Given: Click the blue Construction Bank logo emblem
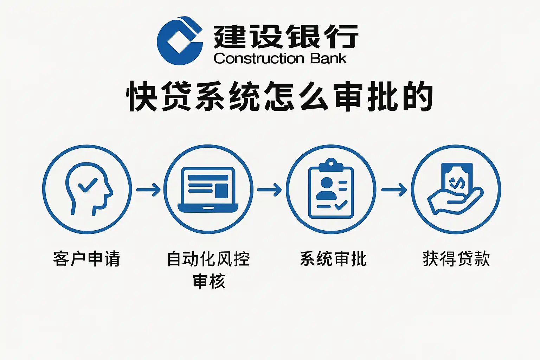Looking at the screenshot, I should (x=180, y=41).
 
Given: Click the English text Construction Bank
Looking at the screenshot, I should (x=280, y=58).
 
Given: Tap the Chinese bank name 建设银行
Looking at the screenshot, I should (x=285, y=37).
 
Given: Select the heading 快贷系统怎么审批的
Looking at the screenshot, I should (x=279, y=96).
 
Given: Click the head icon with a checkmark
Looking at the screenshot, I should (x=87, y=189).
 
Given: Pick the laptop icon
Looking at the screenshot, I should (x=208, y=190).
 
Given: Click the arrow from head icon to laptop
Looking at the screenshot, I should (x=148, y=190).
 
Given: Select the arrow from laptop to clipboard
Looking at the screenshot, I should (x=269, y=190).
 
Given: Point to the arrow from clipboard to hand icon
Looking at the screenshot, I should (x=394, y=190).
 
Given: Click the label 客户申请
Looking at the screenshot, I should (x=87, y=259).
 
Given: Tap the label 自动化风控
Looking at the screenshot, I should (x=208, y=259).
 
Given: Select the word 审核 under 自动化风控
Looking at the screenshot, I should (x=209, y=281).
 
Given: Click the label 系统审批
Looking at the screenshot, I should (x=333, y=259).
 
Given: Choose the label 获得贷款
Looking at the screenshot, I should (x=456, y=259).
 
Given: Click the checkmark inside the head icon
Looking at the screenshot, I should (x=87, y=185).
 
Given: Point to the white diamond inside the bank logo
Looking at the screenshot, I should (x=178, y=42).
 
